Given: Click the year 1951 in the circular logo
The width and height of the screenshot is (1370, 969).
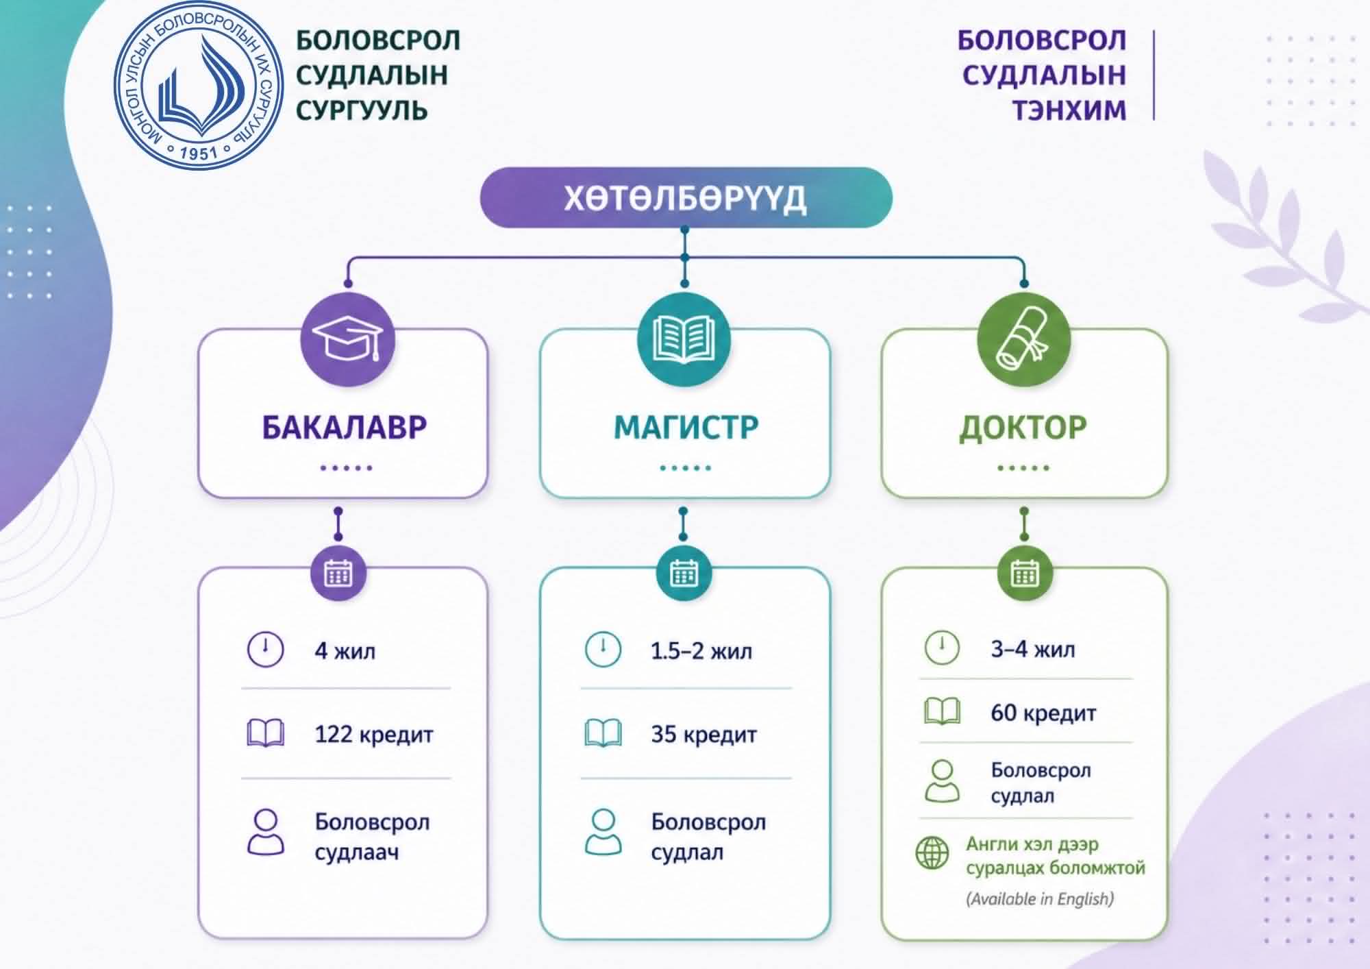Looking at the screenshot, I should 198,152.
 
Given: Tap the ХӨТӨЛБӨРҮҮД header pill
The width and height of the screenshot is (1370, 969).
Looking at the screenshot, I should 686,197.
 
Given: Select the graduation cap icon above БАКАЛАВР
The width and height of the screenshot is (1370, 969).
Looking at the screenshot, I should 347,340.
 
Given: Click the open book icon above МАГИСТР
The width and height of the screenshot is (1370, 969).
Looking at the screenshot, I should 684,340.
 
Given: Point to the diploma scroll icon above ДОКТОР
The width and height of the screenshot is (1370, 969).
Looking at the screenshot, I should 1023,340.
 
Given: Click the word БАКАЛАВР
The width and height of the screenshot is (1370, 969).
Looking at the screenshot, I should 344,427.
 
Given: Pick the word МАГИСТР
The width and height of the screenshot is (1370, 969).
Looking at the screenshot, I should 686,427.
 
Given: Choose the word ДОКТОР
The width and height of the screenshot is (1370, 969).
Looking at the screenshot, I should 1023,427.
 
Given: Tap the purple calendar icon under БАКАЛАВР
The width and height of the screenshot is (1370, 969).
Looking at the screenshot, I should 338,573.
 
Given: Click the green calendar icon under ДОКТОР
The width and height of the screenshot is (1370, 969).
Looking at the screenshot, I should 1024,573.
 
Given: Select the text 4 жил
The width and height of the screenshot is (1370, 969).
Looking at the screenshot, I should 345,650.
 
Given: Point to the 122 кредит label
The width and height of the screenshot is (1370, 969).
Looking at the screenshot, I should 373,735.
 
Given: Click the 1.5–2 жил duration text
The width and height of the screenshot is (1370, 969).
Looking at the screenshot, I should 701,650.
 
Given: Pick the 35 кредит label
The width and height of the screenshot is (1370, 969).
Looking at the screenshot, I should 703,735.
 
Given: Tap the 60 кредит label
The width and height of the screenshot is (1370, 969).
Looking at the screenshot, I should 1043,713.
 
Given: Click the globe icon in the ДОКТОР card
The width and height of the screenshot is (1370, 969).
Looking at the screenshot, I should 932,853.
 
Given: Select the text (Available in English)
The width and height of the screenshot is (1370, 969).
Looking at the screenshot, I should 1039,898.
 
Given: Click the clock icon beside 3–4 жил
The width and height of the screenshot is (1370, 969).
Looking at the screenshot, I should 942,647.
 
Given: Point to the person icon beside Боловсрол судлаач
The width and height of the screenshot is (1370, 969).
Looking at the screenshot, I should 265,832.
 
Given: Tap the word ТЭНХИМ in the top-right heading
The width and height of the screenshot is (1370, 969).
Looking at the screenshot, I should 1069,110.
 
